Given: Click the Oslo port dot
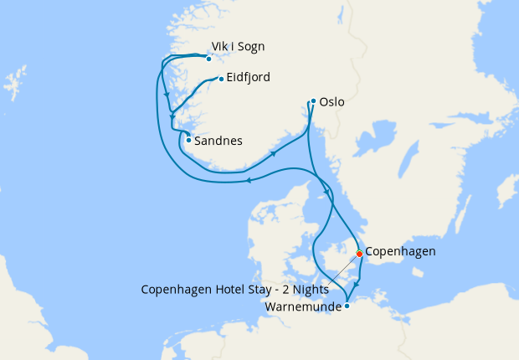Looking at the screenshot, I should click(x=313, y=102).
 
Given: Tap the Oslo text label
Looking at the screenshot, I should click(x=331, y=103).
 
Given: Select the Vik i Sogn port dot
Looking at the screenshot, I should click(x=208, y=59).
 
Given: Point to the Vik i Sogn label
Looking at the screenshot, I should click(x=244, y=47).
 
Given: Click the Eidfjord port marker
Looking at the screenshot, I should click(x=221, y=80).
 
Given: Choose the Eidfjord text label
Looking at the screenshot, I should click(x=248, y=78).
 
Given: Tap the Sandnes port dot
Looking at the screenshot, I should click(x=188, y=140).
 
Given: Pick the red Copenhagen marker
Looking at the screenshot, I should click(x=359, y=253).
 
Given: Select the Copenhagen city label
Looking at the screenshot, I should click(x=401, y=250).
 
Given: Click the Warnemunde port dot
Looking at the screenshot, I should click(x=347, y=306).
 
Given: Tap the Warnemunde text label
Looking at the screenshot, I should click(x=303, y=306).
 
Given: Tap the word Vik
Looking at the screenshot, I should click(x=222, y=47).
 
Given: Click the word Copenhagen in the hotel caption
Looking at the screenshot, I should click(x=172, y=290).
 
